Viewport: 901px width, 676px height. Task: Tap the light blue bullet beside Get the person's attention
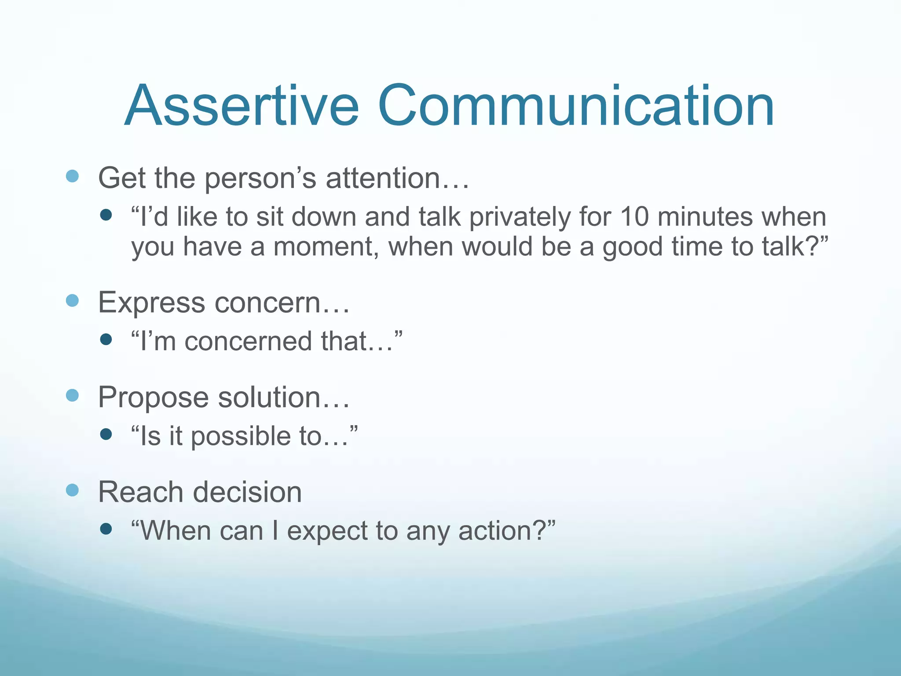[x=72, y=176]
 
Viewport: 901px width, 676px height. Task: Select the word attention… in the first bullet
[x=397, y=178]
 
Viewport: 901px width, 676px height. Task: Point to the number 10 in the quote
[x=634, y=217]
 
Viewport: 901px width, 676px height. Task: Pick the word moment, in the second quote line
[x=326, y=246]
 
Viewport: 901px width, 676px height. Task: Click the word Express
[x=151, y=303]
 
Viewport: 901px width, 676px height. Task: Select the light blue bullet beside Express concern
[x=72, y=301]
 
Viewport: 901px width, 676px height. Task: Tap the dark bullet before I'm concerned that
[x=106, y=339]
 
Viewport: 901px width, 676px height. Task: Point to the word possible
[x=241, y=437]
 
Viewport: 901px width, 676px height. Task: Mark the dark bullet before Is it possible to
[x=106, y=434]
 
